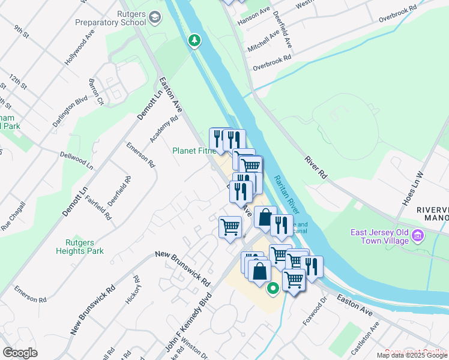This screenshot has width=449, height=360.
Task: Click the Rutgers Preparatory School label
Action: click(x=110, y=18)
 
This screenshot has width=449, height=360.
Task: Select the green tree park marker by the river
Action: click(x=194, y=40)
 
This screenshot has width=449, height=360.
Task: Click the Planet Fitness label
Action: click(x=194, y=151)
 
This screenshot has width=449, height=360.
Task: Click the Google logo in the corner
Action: click(x=20, y=353)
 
